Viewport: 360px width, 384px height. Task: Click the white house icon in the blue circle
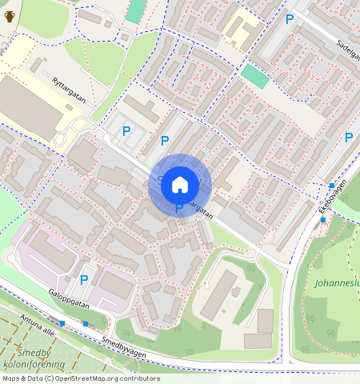[x=180, y=185]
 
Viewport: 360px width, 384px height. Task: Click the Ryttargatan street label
[x=70, y=88]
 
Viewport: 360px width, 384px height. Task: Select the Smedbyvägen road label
[x=123, y=344]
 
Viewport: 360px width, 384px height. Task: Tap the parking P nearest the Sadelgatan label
[x=290, y=19]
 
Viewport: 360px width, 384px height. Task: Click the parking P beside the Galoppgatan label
[x=84, y=280]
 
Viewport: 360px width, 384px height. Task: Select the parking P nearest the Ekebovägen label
[x=348, y=138]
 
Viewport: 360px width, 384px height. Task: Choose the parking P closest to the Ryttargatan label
[x=126, y=130]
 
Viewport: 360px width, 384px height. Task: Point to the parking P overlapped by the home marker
[x=179, y=209]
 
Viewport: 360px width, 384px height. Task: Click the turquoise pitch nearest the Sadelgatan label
[x=255, y=77]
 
